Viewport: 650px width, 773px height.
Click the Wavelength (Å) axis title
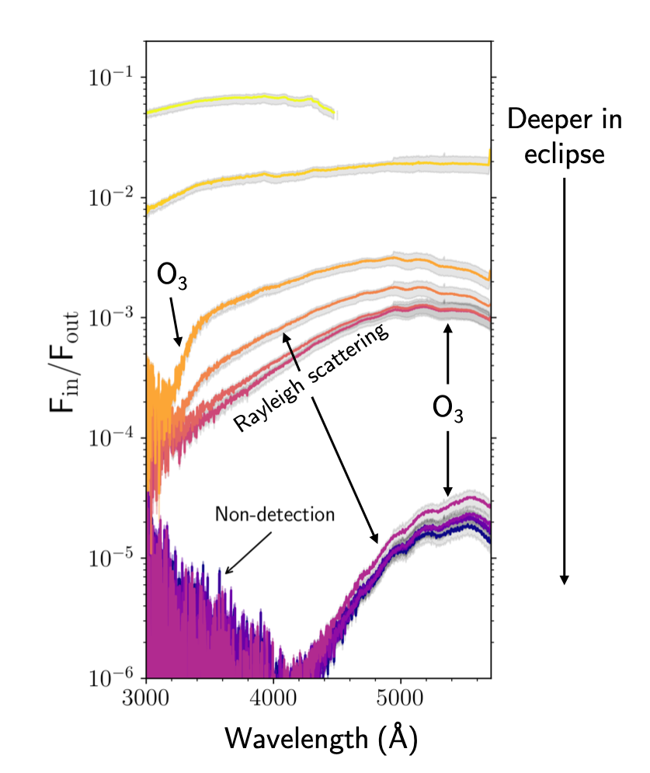point(322,739)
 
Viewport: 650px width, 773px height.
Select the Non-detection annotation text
point(275,514)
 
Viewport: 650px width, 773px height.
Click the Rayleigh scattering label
point(311,378)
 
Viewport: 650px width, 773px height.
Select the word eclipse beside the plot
point(565,154)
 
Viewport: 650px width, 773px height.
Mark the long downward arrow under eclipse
point(565,381)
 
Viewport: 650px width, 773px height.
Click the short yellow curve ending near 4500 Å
point(241,100)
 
